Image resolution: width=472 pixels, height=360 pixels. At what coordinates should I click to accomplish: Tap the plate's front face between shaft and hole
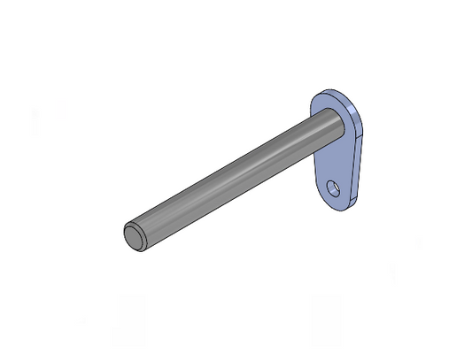click(331, 164)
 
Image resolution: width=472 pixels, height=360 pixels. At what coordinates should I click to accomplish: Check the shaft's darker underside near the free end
click(159, 236)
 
